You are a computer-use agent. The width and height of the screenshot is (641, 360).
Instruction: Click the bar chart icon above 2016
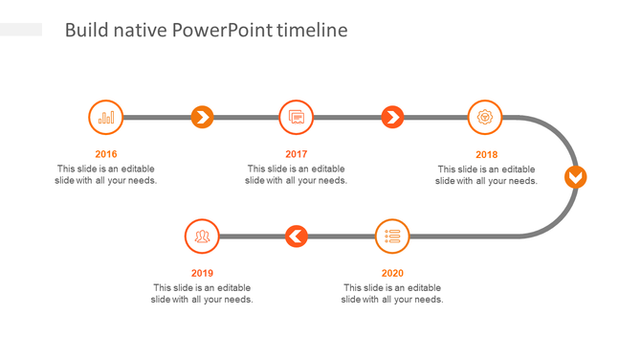pyautogui.click(x=106, y=118)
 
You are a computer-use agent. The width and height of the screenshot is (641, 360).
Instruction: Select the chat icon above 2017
pyautogui.click(x=297, y=118)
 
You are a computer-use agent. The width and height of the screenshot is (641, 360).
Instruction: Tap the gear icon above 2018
pyautogui.click(x=486, y=118)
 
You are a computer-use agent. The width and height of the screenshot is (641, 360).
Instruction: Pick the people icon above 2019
pyautogui.click(x=202, y=236)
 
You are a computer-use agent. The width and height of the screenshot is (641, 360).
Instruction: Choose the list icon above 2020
pyautogui.click(x=392, y=236)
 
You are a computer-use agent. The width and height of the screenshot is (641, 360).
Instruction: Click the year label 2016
pyautogui.click(x=106, y=154)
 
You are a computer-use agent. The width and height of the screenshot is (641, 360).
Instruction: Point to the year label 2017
pyautogui.click(x=297, y=154)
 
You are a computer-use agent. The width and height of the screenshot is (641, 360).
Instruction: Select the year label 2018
pyautogui.click(x=487, y=154)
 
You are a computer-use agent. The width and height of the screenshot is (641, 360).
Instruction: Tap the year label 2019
pyautogui.click(x=202, y=273)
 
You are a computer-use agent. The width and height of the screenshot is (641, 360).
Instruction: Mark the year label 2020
pyautogui.click(x=392, y=273)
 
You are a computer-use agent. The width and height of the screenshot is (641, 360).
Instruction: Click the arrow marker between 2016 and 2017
pyautogui.click(x=202, y=118)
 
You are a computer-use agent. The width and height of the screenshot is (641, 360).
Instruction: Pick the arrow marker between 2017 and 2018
pyautogui.click(x=392, y=118)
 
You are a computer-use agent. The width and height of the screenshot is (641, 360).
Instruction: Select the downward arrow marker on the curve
pyautogui.click(x=575, y=177)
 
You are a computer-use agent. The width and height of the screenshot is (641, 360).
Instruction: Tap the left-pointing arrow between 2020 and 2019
pyautogui.click(x=297, y=236)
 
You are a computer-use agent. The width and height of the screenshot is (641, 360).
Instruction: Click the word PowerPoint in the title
pyautogui.click(x=223, y=31)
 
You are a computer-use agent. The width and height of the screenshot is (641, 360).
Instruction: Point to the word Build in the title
pyautogui.click(x=84, y=31)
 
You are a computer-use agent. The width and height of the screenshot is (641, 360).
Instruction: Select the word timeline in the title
pyautogui.click(x=312, y=31)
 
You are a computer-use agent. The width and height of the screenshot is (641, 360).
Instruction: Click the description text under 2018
pyautogui.click(x=487, y=175)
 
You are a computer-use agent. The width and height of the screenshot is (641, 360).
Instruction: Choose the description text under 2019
pyautogui.click(x=202, y=293)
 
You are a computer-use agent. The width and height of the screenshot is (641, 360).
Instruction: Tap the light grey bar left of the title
pyautogui.click(x=21, y=31)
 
